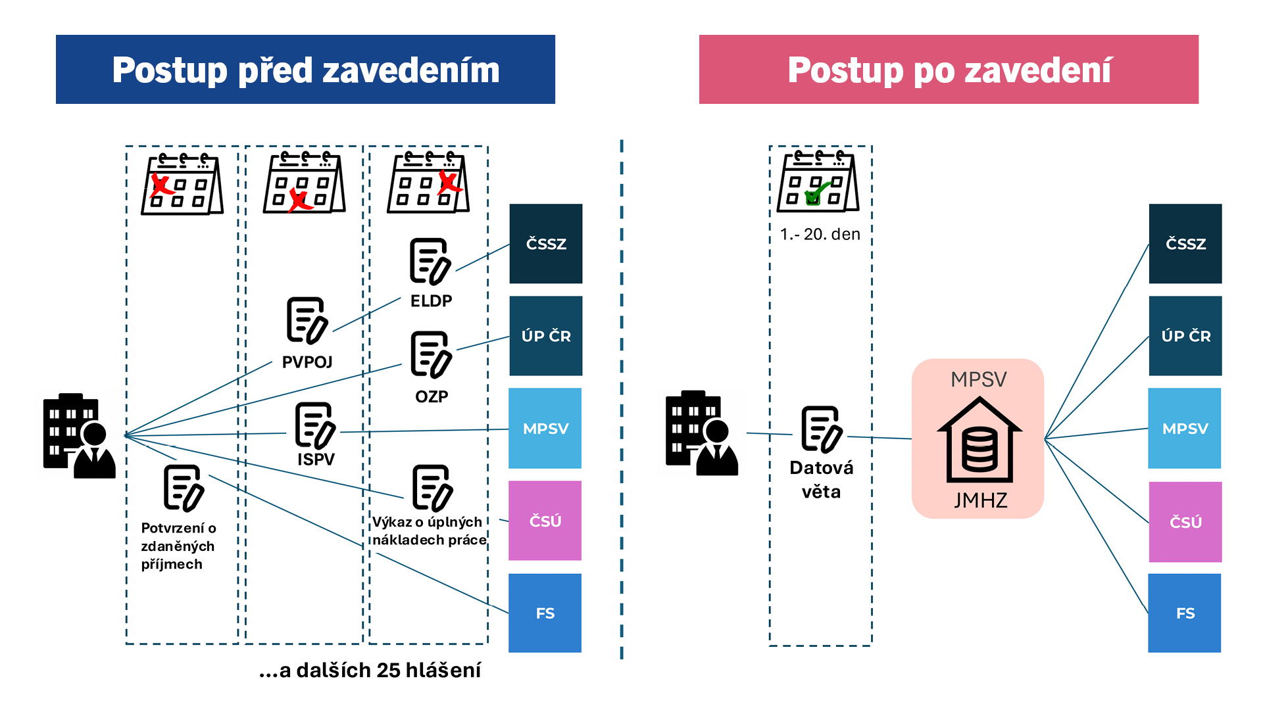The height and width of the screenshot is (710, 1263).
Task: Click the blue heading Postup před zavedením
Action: [305, 70]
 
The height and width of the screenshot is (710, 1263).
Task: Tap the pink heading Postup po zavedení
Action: [949, 70]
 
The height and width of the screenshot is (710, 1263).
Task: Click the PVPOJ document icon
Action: [307, 321]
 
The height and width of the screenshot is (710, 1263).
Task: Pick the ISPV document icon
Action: [315, 425]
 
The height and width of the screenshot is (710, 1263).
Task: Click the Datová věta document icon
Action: [821, 429]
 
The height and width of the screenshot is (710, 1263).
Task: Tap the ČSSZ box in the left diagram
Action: [545, 244]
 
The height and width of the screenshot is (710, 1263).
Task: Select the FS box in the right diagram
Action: [1184, 613]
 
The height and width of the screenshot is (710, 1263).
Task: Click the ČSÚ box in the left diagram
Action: [545, 521]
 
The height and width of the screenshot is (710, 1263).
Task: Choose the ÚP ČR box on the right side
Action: [1185, 336]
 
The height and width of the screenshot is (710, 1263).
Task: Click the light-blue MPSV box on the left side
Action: [545, 428]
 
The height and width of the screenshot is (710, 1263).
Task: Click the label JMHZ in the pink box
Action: [980, 500]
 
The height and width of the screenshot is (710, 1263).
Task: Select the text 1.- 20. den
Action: [820, 234]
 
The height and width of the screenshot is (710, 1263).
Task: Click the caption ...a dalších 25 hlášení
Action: [370, 670]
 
